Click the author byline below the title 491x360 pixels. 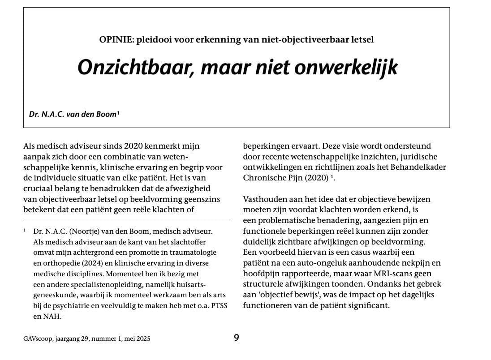click(74, 114)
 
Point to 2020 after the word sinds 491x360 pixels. click(121, 146)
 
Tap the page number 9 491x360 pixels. click(237, 338)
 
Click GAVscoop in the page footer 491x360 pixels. click(37, 339)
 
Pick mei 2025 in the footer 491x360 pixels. click(138, 339)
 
